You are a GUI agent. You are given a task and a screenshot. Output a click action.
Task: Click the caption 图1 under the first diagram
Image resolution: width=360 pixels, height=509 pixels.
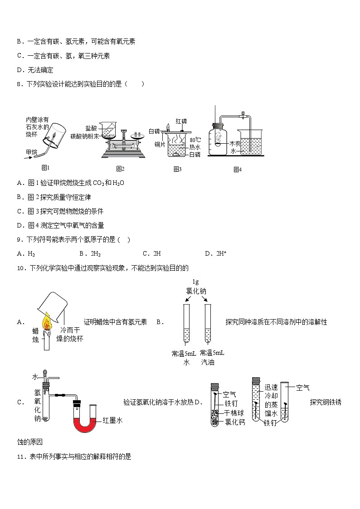pyautogui.click(x=45, y=167)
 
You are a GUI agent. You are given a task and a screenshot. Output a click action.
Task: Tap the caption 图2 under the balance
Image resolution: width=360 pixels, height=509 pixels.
pyautogui.click(x=120, y=169)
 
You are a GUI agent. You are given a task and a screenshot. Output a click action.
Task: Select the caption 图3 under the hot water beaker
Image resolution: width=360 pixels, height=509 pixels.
pyautogui.click(x=177, y=169)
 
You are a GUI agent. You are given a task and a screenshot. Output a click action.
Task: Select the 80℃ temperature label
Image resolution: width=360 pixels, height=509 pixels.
pyautogui.click(x=195, y=140)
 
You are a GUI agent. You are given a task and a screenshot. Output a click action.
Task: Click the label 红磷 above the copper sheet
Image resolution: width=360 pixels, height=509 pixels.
pyautogui.click(x=181, y=121)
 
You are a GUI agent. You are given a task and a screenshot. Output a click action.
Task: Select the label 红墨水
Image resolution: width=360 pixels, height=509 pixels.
pyautogui.click(x=113, y=420)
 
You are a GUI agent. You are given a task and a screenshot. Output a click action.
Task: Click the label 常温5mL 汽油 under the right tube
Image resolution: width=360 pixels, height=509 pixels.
pyautogui.click(x=211, y=358)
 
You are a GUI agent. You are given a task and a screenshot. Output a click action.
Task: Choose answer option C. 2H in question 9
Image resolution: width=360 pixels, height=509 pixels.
pyautogui.click(x=152, y=253)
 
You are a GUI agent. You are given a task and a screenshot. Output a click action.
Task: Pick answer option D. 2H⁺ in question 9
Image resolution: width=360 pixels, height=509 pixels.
pyautogui.click(x=215, y=253)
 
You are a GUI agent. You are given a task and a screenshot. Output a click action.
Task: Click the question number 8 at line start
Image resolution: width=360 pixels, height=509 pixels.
pyautogui.click(x=19, y=84)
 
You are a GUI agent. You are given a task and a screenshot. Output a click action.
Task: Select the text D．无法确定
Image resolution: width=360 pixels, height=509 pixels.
pyautogui.click(x=35, y=70)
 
